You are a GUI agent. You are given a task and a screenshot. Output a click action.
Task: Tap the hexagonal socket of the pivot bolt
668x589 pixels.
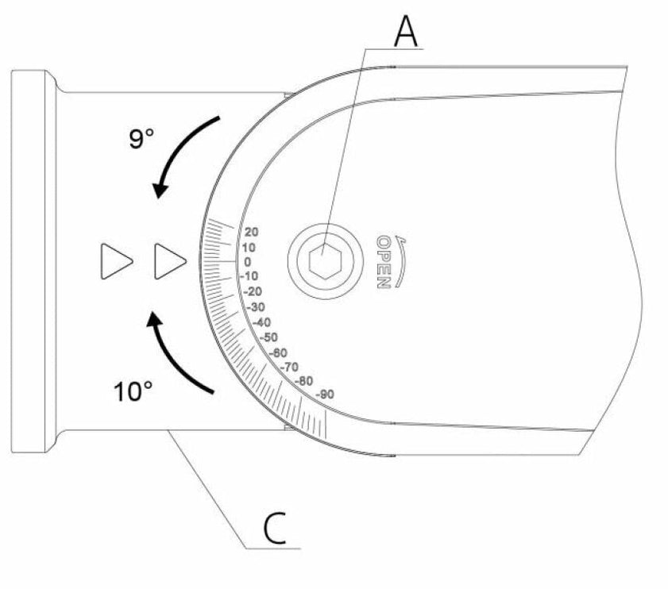tap(322, 260)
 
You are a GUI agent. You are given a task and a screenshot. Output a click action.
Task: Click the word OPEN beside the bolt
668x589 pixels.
tap(383, 261)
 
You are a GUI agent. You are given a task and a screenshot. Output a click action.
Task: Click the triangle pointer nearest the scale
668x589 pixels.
tap(170, 261)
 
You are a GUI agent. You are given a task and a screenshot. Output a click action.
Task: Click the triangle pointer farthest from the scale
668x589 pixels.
tap(115, 261)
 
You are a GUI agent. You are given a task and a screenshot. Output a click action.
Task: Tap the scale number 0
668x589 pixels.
tap(248, 262)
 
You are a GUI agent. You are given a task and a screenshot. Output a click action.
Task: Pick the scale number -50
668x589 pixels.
tap(269, 337)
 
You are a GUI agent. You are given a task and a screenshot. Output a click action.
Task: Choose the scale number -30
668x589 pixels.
tap(256, 306)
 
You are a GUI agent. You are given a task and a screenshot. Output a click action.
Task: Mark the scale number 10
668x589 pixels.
tap(249, 248)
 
